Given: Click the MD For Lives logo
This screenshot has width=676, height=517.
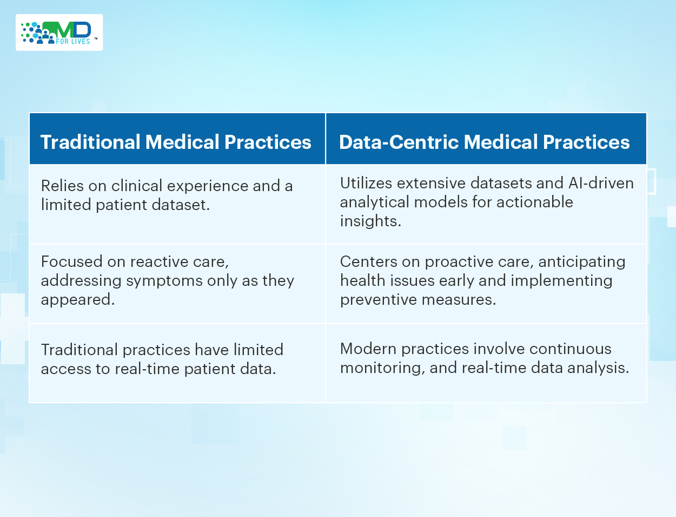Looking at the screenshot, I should [x=59, y=32].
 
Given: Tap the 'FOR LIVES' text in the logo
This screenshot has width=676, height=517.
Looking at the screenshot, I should [x=73, y=42].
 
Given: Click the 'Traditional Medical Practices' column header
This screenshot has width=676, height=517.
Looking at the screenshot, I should [x=176, y=142].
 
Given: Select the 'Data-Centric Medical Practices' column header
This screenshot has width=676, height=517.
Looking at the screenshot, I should [x=484, y=142].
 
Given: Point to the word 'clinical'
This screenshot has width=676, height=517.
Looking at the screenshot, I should [x=137, y=186].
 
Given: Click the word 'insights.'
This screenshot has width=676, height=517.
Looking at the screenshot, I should [x=370, y=221].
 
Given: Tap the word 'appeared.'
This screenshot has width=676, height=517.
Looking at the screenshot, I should [x=78, y=300].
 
